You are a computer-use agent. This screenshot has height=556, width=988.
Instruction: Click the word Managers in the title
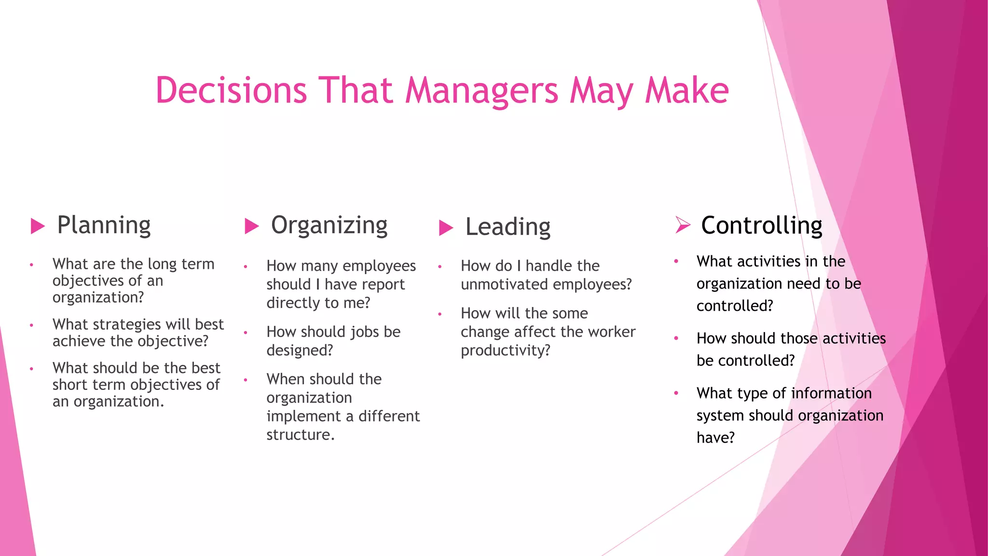tap(481, 91)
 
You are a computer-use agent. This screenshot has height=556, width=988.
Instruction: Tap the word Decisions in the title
tap(231, 90)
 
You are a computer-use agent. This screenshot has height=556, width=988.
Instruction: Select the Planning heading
tap(104, 225)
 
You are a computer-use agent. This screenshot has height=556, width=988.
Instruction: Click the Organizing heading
tap(329, 225)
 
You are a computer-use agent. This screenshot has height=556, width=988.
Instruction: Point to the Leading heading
tap(508, 227)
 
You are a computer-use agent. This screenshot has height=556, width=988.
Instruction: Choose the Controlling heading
tap(761, 225)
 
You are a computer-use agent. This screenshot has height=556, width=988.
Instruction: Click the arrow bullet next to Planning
tap(38, 226)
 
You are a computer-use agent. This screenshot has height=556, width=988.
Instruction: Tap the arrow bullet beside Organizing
tap(252, 226)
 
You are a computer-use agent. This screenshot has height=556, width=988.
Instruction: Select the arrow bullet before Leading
tap(446, 228)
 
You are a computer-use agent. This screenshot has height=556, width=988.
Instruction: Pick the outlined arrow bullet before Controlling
tap(683, 225)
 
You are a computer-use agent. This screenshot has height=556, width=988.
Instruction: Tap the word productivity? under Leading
tap(505, 350)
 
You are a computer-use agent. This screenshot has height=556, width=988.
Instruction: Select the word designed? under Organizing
tap(300, 350)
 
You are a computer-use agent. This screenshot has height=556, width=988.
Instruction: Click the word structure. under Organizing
tap(300, 435)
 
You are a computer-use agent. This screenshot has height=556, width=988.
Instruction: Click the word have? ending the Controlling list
tap(715, 438)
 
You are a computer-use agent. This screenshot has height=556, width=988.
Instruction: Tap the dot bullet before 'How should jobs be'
tap(246, 333)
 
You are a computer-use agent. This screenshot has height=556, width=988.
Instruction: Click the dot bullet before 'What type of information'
tap(676, 393)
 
